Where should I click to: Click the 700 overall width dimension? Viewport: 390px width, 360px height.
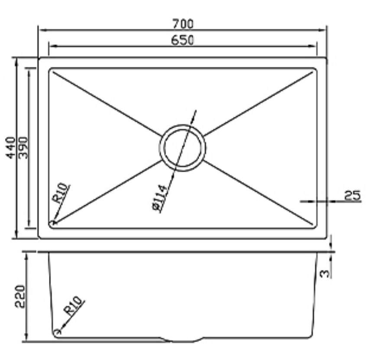[x=182, y=23]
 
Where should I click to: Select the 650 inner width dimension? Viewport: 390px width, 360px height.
[x=182, y=40]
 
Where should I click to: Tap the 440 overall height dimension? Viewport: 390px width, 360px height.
[x=10, y=147]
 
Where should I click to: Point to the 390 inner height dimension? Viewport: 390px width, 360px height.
[x=23, y=147]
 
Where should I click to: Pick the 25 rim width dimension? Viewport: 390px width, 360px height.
[x=352, y=195]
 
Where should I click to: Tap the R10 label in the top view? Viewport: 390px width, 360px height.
[x=61, y=193]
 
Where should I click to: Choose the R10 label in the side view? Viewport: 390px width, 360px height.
[x=73, y=305]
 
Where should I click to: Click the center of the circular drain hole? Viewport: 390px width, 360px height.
[x=182, y=147]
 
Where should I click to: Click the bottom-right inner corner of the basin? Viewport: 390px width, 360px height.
[x=315, y=226]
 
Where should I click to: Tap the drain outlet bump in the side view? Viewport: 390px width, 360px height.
[x=182, y=340]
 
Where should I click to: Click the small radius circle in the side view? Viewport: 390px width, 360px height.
[x=56, y=332]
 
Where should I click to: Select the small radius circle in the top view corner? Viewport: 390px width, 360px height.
[x=53, y=223]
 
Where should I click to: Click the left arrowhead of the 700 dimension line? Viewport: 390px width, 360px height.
[x=40, y=30]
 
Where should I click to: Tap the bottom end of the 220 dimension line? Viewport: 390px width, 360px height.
[x=27, y=340]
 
